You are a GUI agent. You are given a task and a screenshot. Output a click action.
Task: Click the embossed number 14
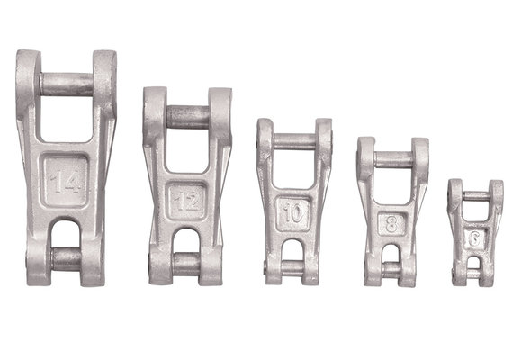pyautogui.click(x=67, y=184)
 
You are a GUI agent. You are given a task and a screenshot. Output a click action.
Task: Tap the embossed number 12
pyautogui.click(x=187, y=201)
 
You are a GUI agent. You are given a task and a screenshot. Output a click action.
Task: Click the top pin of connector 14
pyautogui.click(x=67, y=85)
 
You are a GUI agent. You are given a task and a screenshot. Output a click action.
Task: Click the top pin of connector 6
pyautogui.click(x=476, y=195)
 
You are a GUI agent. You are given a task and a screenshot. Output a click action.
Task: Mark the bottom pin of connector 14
pyautogui.click(x=67, y=259)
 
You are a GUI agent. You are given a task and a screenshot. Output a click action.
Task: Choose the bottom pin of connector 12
pyautogui.click(x=187, y=262)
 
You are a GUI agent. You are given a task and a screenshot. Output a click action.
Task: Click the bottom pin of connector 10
pyautogui.click(x=294, y=267)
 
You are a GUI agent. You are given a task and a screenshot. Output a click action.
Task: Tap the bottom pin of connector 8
pyautogui.click(x=391, y=269)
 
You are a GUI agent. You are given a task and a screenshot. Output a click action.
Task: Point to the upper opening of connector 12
pyautogui.click(x=187, y=149)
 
